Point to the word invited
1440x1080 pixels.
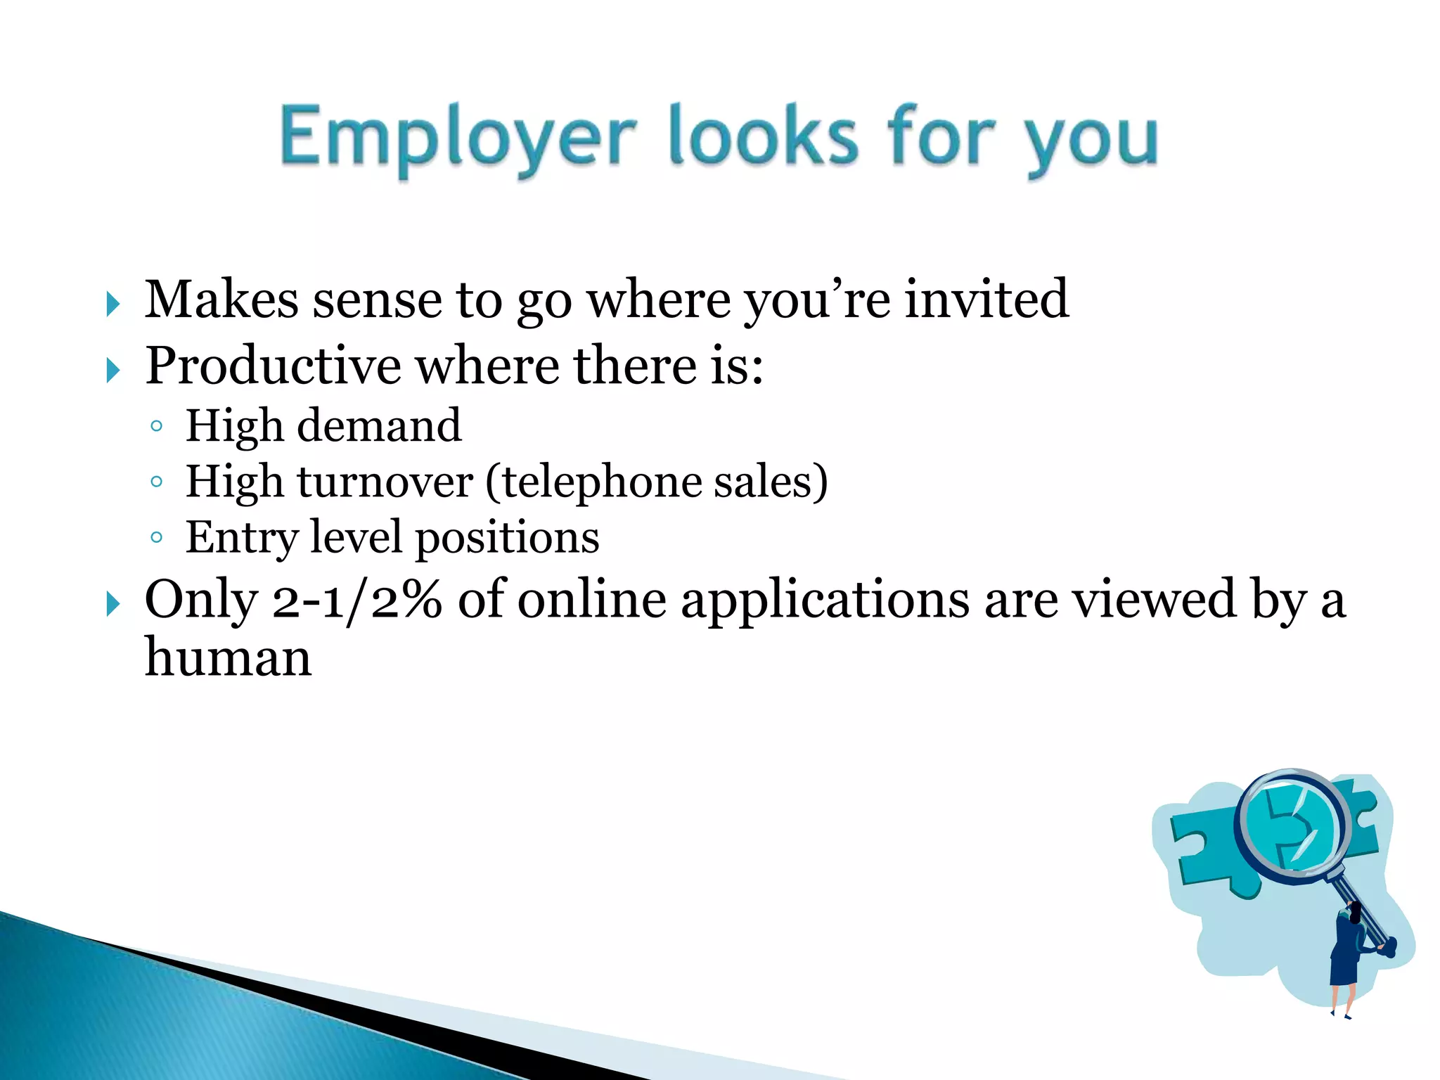986,300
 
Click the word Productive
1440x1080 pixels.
274,366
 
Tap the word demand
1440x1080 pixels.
379,425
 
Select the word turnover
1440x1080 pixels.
385,482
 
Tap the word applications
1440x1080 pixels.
825,601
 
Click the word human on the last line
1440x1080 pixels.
228,658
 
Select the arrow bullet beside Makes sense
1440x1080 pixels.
112,304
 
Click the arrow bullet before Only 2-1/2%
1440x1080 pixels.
112,604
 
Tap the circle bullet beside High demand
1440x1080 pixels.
157,426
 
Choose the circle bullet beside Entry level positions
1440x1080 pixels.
157,538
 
